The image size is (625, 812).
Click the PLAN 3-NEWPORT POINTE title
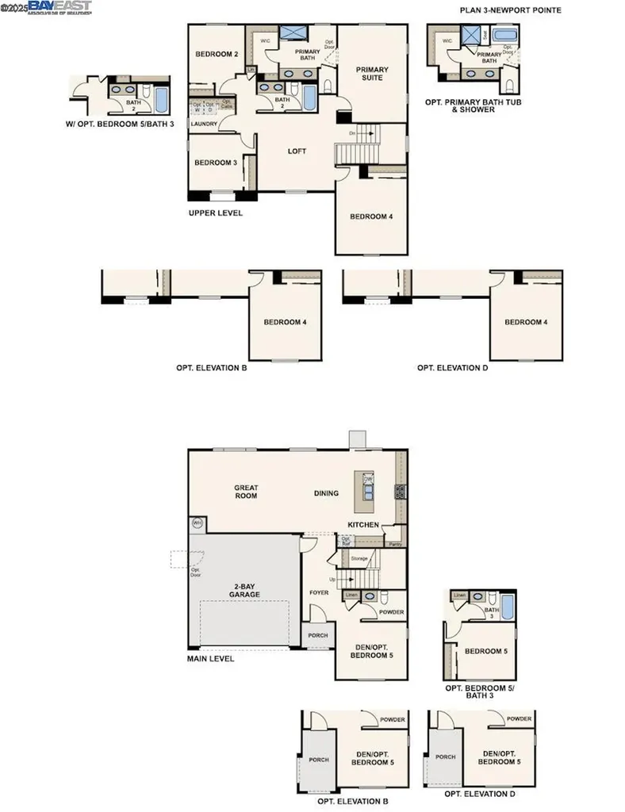pyautogui.click(x=512, y=10)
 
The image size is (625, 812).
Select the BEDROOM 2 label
pyautogui.click(x=217, y=54)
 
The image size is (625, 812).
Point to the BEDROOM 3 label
pyautogui.click(x=216, y=163)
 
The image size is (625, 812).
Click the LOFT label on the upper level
pyautogui.click(x=297, y=151)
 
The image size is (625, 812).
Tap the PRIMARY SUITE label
pyautogui.click(x=370, y=74)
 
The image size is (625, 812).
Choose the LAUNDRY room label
pyautogui.click(x=204, y=124)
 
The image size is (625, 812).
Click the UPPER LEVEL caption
pyautogui.click(x=216, y=213)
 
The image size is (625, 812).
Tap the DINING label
pyautogui.click(x=326, y=493)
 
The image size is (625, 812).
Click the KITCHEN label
pyautogui.click(x=364, y=525)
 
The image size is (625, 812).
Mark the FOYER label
pyautogui.click(x=319, y=591)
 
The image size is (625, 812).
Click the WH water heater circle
pyautogui.click(x=197, y=523)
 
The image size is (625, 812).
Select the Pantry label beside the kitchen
pyautogui.click(x=393, y=544)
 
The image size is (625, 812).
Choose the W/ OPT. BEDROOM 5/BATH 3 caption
pyautogui.click(x=119, y=124)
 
